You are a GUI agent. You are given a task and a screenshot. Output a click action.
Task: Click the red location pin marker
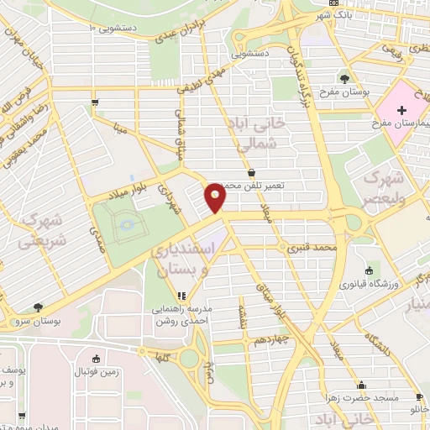(x=216, y=198)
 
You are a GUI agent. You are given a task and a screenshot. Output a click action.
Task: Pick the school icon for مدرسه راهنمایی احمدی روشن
(x=181, y=296)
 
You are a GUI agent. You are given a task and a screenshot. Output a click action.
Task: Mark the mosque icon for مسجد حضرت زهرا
(x=418, y=396)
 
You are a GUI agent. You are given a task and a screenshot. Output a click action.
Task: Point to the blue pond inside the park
(x=126, y=224)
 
